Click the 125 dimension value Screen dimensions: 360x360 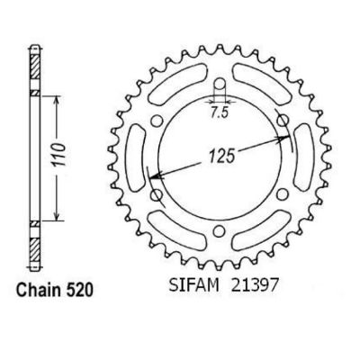221,156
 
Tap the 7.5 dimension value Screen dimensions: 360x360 220,112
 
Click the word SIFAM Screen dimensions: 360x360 193,285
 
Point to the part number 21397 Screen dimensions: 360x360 256,285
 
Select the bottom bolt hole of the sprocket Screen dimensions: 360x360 220,231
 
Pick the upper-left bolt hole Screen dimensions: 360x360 156,121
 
